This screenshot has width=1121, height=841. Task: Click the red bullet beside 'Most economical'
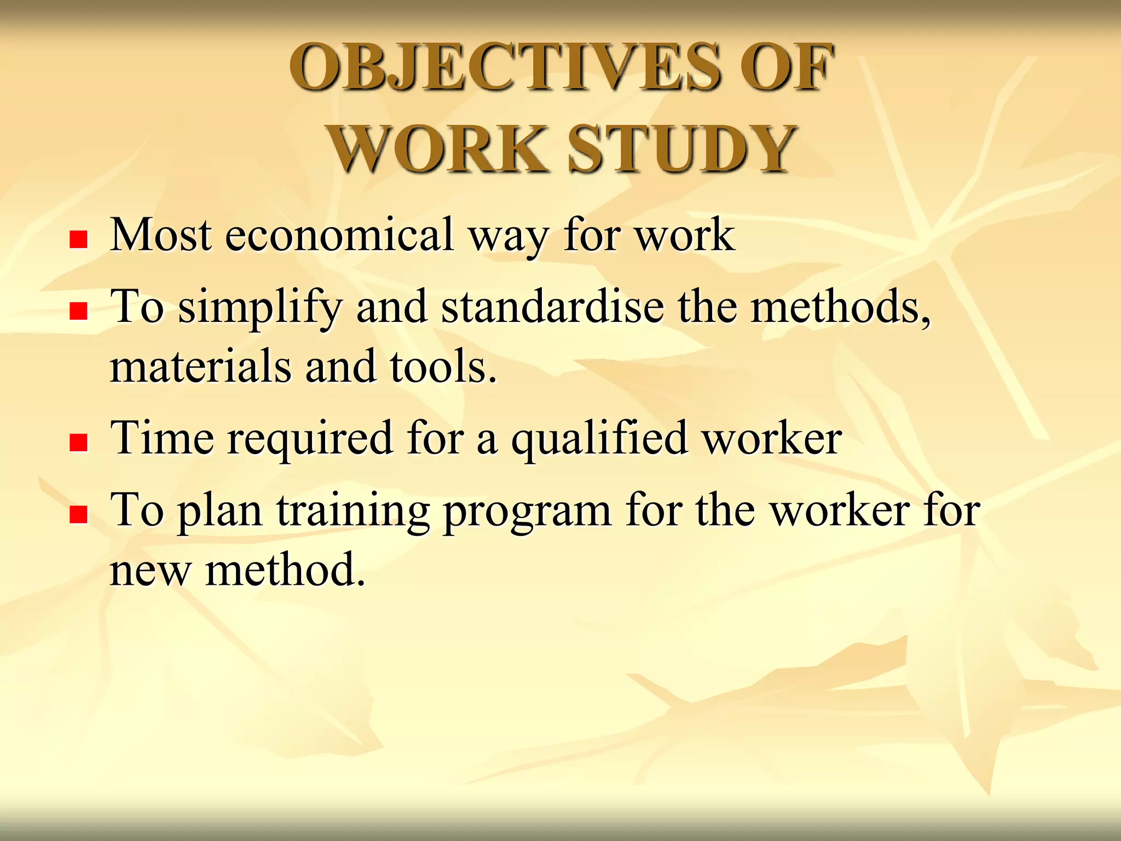79,239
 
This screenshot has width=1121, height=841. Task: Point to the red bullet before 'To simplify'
79,311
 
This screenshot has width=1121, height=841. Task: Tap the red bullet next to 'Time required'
79,442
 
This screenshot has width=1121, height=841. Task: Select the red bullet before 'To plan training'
79,514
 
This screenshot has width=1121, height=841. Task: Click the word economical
339,235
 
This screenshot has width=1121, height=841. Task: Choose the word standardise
552,307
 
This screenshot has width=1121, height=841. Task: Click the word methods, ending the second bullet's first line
840,307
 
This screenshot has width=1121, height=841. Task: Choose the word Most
161,235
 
